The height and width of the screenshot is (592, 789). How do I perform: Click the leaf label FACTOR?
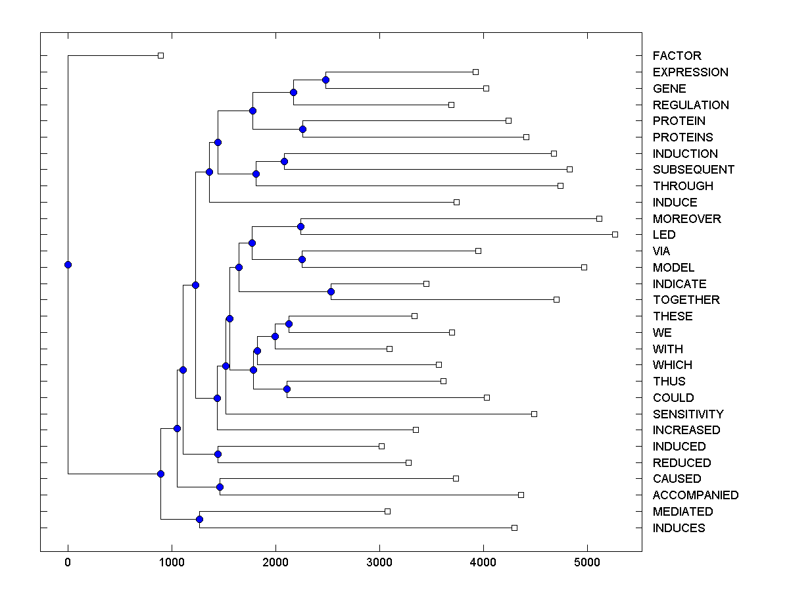[677, 56]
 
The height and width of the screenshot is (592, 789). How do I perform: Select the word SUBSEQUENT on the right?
[693, 170]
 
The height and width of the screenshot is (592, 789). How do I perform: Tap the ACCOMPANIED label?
[695, 495]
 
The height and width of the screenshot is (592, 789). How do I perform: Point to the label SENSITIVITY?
[688, 414]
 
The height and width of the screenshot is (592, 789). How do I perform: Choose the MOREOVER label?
[686, 218]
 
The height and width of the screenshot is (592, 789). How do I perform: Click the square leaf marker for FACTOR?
[160, 56]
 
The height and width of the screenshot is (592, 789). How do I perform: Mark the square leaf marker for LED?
[615, 234]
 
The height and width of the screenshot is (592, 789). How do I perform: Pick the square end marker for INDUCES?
[514, 528]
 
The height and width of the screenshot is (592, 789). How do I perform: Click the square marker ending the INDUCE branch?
[456, 202]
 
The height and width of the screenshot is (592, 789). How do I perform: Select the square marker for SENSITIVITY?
[534, 414]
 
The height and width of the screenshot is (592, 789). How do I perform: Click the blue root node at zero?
[68, 264]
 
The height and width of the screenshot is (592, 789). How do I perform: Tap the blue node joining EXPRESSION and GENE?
[325, 80]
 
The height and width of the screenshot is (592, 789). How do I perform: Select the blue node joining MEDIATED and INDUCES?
[199, 519]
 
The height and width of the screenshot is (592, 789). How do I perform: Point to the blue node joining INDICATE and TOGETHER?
[331, 291]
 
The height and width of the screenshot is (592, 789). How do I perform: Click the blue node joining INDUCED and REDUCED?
[218, 454]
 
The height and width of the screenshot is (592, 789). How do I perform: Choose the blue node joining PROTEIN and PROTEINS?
[303, 129]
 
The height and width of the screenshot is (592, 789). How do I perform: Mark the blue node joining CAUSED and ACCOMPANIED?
[220, 487]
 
